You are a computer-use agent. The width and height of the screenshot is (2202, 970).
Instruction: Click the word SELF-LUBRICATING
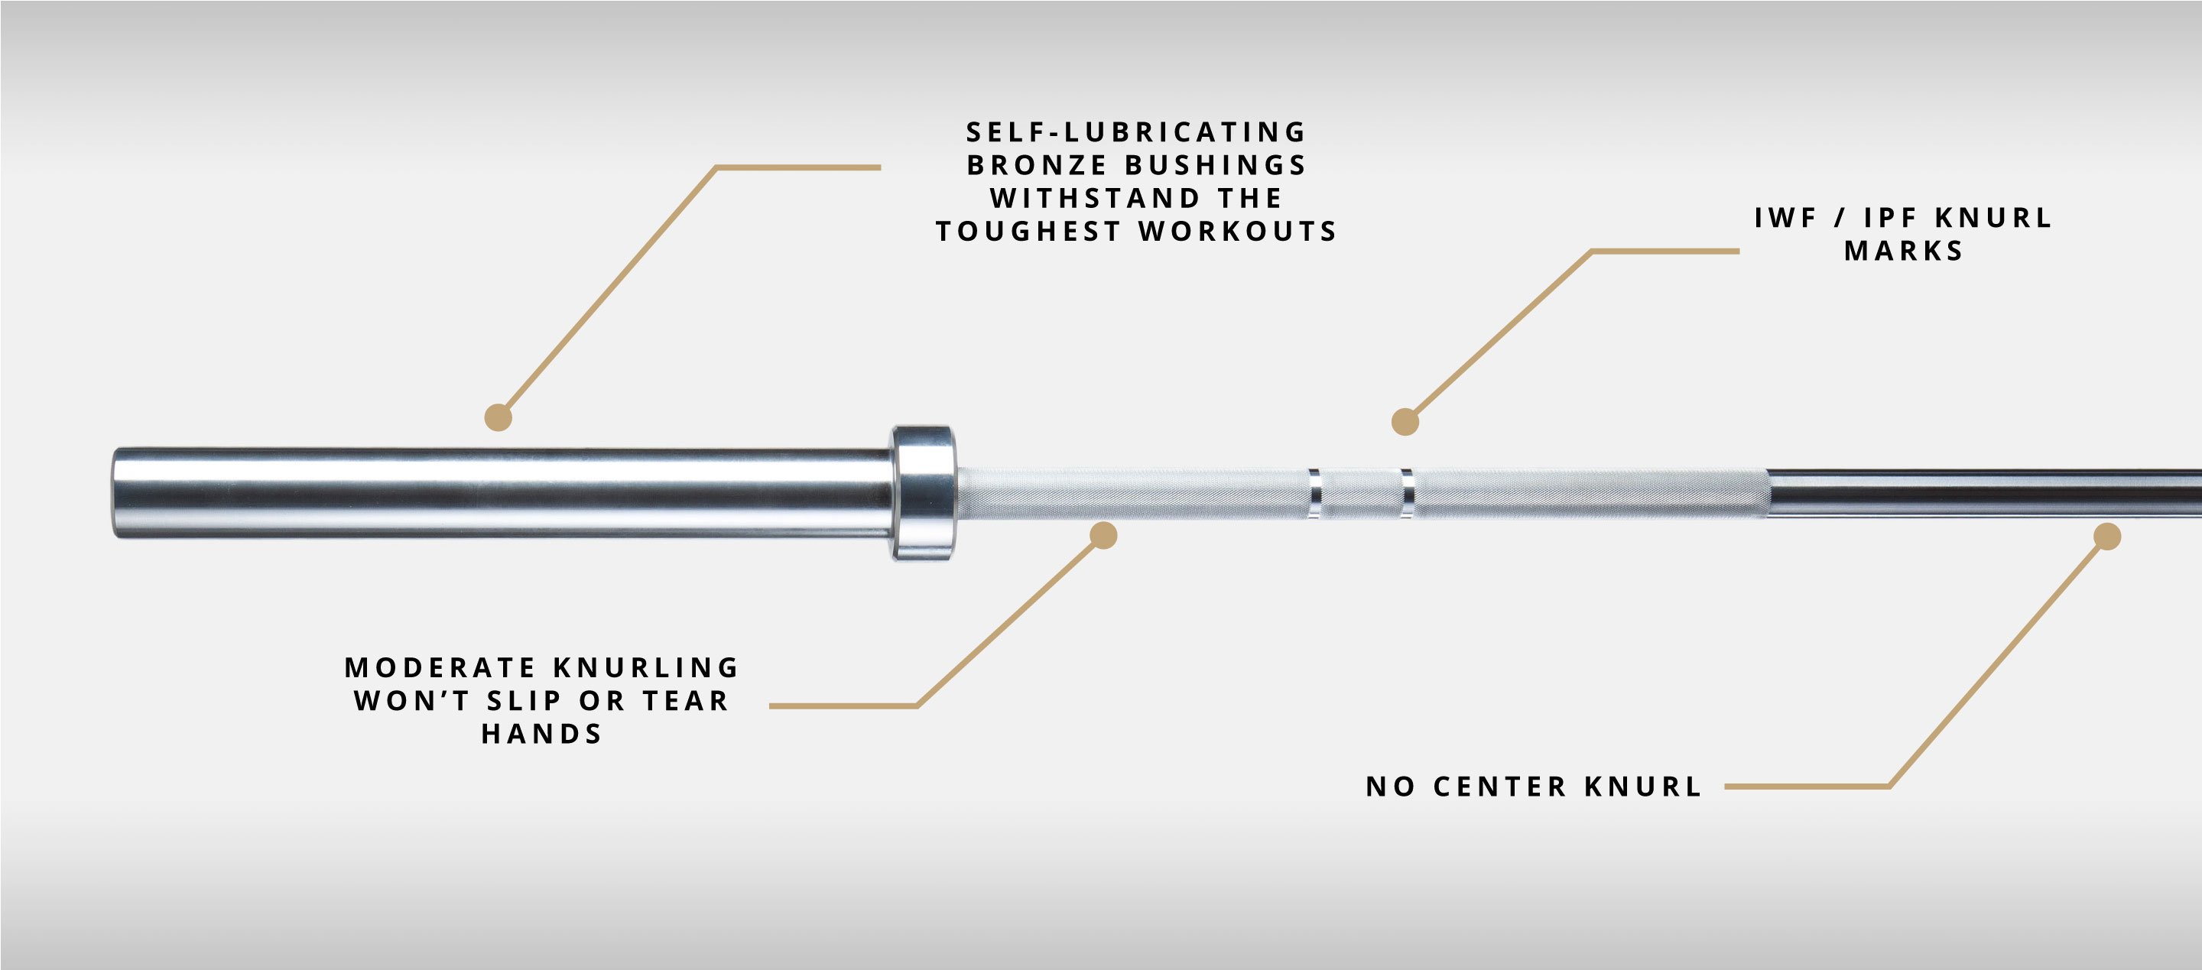pyautogui.click(x=1136, y=131)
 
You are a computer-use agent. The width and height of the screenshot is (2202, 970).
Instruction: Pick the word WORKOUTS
pyautogui.click(x=1237, y=232)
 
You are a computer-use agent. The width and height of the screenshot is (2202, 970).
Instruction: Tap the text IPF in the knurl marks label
pyautogui.click(x=1890, y=218)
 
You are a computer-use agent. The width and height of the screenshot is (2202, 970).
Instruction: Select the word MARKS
pyautogui.click(x=1903, y=251)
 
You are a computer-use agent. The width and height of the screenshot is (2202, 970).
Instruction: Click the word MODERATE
pyautogui.click(x=440, y=667)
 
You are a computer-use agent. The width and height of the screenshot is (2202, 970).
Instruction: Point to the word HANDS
pyautogui.click(x=542, y=734)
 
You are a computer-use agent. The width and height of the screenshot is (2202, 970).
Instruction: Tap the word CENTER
pyautogui.click(x=1500, y=787)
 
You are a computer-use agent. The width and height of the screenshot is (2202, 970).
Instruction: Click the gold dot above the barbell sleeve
pyautogui.click(x=499, y=417)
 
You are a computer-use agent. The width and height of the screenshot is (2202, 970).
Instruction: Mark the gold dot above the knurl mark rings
pyautogui.click(x=1405, y=421)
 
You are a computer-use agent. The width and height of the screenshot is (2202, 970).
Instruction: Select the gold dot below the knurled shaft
pyautogui.click(x=1103, y=535)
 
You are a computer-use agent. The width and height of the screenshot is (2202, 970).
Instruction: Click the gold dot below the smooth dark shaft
pyautogui.click(x=2107, y=537)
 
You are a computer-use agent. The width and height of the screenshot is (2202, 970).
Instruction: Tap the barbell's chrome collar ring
pyautogui.click(x=923, y=493)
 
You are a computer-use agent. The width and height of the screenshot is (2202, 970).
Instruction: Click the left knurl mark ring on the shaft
pyautogui.click(x=1315, y=494)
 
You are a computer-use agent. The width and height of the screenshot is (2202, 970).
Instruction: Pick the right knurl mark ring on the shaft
pyautogui.click(x=1407, y=494)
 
